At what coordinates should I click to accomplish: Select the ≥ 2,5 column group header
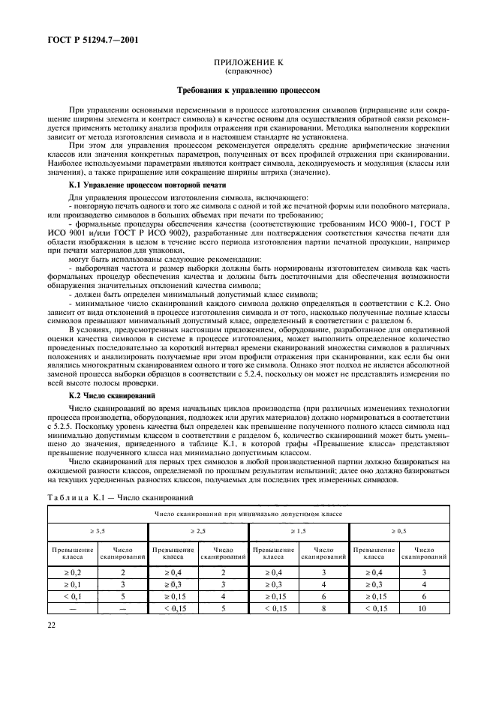(198, 531)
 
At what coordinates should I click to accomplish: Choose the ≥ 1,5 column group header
(299, 531)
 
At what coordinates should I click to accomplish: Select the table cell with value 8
(323, 609)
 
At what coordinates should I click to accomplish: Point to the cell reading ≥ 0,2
(73, 571)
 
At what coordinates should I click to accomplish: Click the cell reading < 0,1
(73, 596)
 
